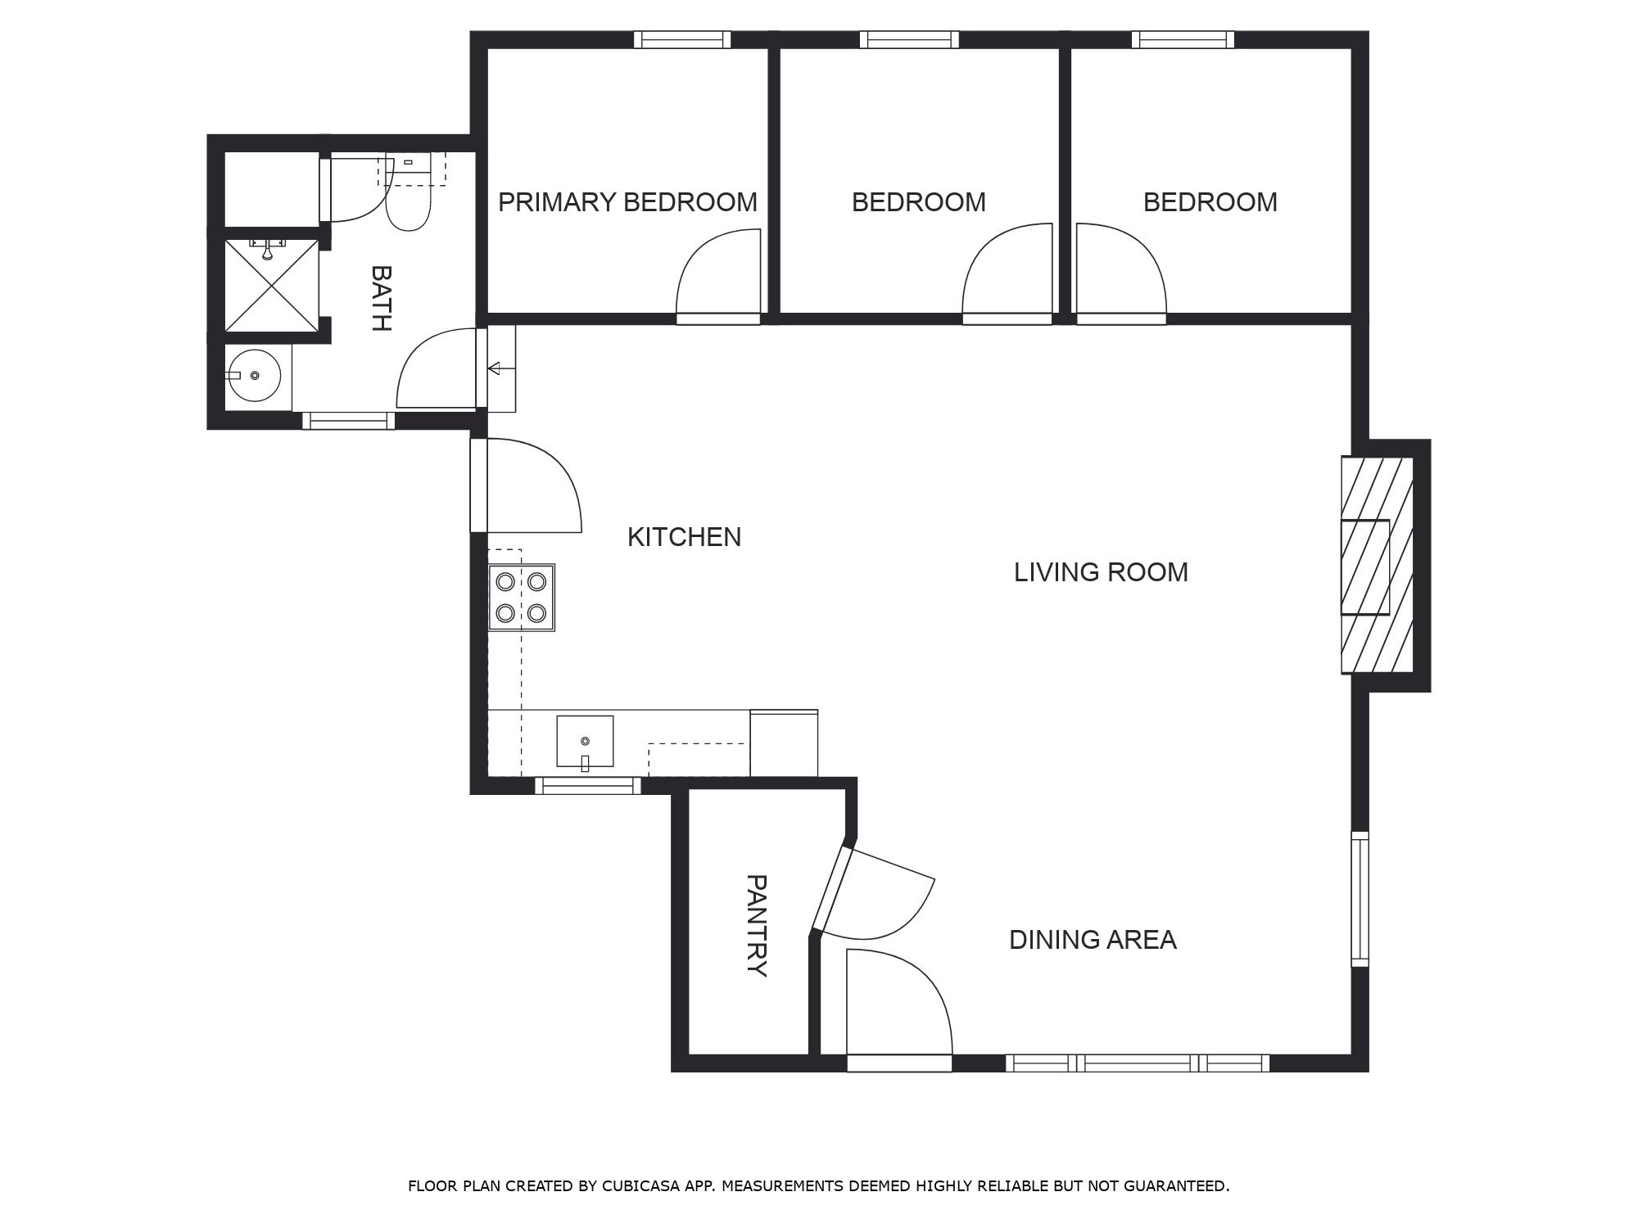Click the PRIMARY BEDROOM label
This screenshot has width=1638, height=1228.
click(x=627, y=202)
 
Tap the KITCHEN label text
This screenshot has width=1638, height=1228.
click(x=684, y=537)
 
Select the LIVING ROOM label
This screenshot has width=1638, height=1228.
click(x=1101, y=572)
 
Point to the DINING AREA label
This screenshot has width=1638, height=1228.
click(x=1093, y=940)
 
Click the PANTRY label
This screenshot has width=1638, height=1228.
click(x=757, y=926)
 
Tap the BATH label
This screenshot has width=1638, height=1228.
click(x=381, y=298)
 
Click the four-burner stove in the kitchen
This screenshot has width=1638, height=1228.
click(x=522, y=598)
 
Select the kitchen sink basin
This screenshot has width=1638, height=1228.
click(x=585, y=742)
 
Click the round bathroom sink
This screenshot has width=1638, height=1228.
click(x=254, y=376)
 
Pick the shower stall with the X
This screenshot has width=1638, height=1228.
click(x=271, y=286)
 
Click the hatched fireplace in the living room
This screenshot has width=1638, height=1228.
click(x=1377, y=566)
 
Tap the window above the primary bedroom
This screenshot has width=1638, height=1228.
click(x=681, y=39)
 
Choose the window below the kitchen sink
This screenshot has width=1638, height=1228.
click(x=588, y=786)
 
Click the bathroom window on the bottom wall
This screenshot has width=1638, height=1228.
click(x=349, y=421)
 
